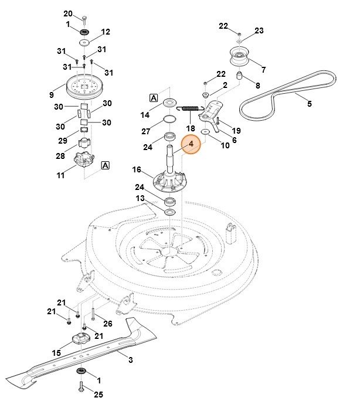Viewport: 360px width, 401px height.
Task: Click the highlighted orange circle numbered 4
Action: click(x=190, y=144)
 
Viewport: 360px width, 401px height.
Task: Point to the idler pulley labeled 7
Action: click(x=241, y=59)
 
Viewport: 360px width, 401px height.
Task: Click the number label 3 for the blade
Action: click(x=131, y=359)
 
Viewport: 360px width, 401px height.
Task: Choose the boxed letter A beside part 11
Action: click(x=106, y=165)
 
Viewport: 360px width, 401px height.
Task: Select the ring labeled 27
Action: click(x=170, y=119)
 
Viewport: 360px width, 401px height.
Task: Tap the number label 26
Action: click(x=108, y=324)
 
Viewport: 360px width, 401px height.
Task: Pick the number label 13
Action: click(x=140, y=199)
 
